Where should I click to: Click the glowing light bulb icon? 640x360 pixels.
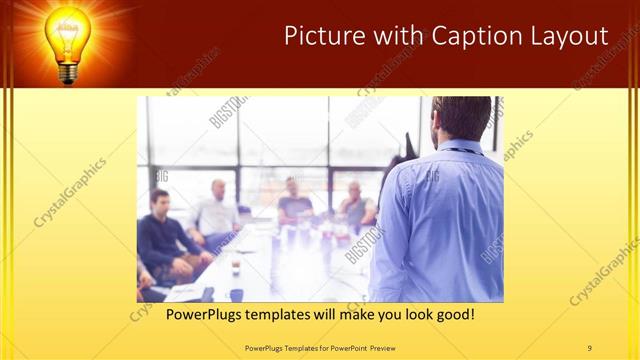click(66, 35)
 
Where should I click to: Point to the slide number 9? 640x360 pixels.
click(590, 347)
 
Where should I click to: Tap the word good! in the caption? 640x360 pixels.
click(452, 314)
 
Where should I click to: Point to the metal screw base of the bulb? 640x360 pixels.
click(67, 72)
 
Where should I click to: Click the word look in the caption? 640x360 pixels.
click(414, 314)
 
